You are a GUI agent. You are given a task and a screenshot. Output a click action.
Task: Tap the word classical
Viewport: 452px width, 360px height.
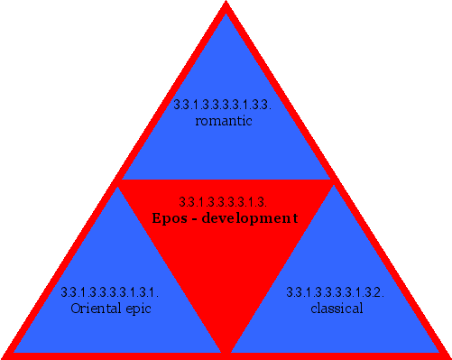click(336, 309)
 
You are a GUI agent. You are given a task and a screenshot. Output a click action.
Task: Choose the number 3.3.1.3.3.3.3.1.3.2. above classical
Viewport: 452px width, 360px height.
click(336, 292)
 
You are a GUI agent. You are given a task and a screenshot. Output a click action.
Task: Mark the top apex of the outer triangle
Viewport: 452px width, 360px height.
click(226, 4)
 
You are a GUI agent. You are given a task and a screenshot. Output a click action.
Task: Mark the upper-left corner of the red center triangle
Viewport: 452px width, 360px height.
click(120, 181)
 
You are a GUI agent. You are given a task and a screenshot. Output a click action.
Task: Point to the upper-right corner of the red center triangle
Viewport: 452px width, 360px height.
click(331, 181)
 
